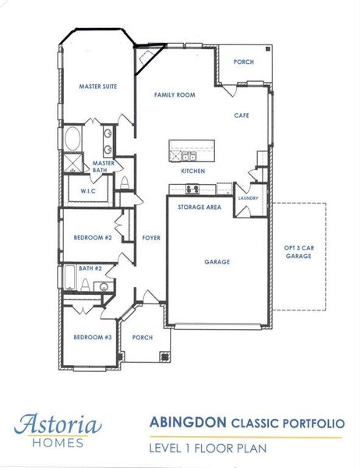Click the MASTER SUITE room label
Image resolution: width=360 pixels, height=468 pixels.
click(x=98, y=87)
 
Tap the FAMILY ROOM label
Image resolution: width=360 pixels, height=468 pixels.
click(x=175, y=94)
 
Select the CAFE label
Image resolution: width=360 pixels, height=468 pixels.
click(x=242, y=115)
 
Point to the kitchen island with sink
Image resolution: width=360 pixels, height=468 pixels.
click(x=192, y=147)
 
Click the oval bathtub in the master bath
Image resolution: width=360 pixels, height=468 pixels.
click(x=72, y=140)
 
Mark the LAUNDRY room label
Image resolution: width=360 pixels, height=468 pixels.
click(x=249, y=198)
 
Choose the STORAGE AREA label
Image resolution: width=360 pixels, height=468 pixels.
click(x=199, y=207)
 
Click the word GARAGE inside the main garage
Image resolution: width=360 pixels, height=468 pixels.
click(x=217, y=262)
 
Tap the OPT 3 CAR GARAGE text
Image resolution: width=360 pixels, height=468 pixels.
click(x=298, y=251)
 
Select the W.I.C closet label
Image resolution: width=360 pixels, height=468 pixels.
click(x=88, y=190)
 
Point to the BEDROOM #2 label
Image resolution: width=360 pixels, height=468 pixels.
click(x=94, y=237)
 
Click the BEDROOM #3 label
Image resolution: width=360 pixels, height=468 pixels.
click(x=93, y=337)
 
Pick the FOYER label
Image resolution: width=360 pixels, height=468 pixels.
click(x=151, y=238)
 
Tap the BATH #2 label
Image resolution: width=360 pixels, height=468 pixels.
click(x=91, y=268)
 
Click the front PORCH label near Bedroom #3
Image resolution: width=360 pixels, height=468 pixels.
click(x=143, y=338)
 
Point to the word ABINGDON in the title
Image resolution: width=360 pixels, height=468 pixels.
click(x=187, y=424)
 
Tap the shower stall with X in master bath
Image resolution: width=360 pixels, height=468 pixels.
click(x=72, y=163)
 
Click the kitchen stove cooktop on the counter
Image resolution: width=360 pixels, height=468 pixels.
click(x=192, y=189)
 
